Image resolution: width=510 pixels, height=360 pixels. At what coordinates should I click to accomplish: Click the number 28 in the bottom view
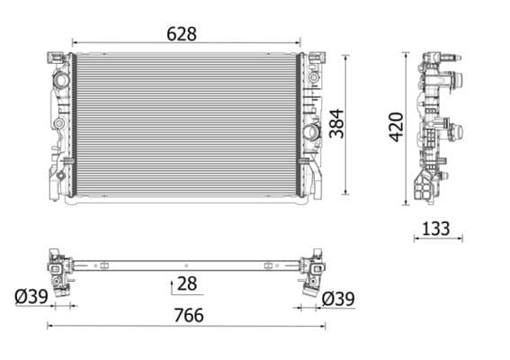click(188, 285)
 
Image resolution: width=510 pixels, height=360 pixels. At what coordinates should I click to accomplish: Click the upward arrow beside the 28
click(170, 285)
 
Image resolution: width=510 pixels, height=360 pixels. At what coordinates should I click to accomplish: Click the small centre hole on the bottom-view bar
click(184, 266)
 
